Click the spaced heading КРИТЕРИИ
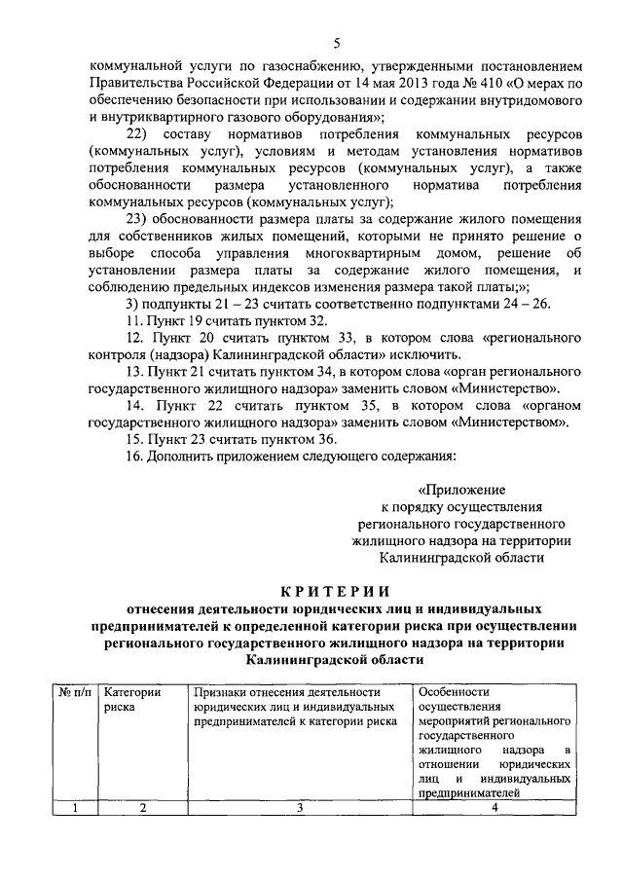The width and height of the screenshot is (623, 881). (x=335, y=590)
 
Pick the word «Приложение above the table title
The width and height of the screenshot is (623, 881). (x=461, y=491)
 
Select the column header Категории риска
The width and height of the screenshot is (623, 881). (x=132, y=699)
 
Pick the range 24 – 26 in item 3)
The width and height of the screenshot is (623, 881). (x=527, y=303)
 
